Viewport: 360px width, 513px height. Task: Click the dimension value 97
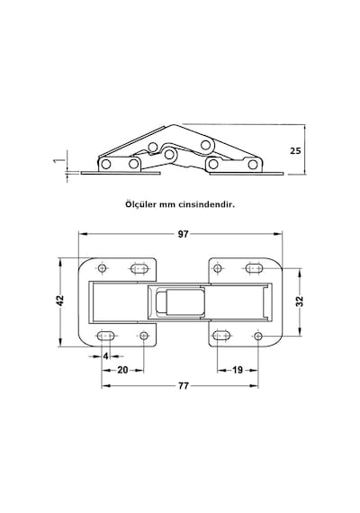[184, 234]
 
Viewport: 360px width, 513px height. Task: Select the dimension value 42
[60, 301]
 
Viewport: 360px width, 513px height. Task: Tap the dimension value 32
[300, 301]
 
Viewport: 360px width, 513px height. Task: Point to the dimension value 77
[184, 386]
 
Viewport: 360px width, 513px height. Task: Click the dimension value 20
[122, 370]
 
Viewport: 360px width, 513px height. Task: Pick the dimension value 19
[238, 370]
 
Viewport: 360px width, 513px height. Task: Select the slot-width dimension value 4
[105, 356]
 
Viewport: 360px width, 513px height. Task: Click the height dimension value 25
[295, 151]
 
